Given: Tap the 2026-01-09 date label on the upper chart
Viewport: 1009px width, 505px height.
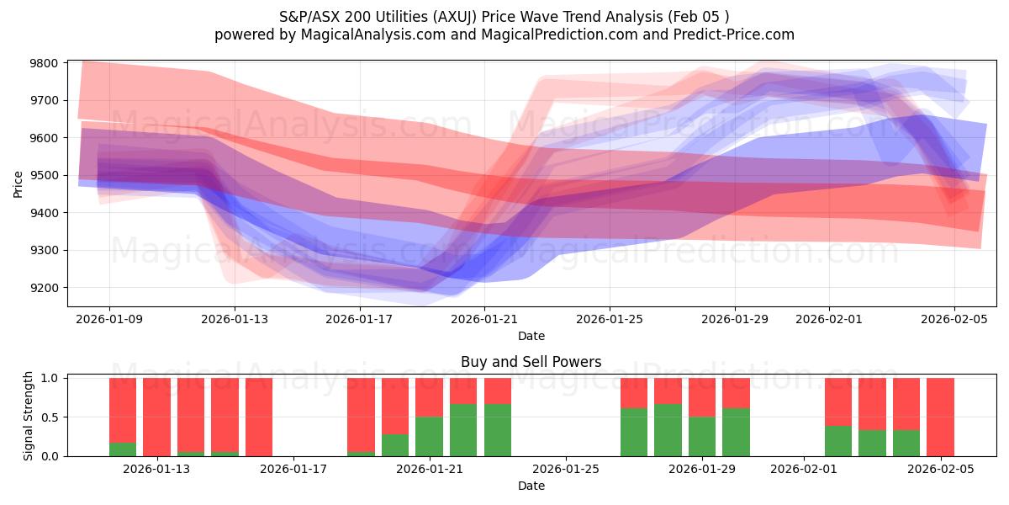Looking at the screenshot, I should point(109,319).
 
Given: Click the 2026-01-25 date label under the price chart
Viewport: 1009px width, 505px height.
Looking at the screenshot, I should point(610,319).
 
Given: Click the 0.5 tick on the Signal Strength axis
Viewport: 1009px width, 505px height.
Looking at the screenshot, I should point(50,417).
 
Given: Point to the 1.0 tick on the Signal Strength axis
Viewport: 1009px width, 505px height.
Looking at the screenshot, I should point(50,379).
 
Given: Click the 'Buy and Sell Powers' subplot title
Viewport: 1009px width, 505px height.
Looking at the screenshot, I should point(531,363).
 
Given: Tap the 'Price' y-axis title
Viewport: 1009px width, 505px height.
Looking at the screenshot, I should point(18,183).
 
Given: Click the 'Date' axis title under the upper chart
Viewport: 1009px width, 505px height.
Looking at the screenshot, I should point(531,336).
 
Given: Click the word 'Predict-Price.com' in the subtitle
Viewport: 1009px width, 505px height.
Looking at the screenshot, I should point(737,35).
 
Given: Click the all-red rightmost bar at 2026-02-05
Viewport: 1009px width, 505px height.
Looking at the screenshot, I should point(940,417).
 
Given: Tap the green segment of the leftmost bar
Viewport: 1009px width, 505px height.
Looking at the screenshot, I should point(123,449).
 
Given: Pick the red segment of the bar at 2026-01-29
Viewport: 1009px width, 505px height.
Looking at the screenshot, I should point(702,397).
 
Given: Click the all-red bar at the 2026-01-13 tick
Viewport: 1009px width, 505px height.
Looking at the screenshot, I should point(156,417).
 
